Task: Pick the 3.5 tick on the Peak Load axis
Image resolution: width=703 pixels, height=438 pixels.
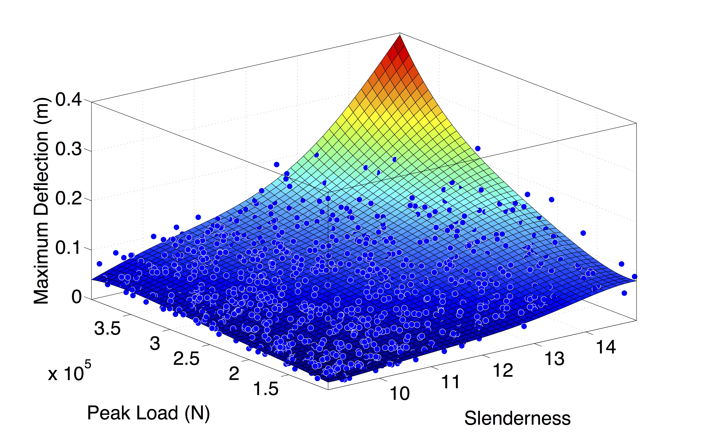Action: pos(107,329)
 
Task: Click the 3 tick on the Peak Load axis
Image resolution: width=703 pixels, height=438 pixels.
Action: pos(155,344)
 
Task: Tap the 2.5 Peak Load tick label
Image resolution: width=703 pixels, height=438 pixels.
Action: pos(186,359)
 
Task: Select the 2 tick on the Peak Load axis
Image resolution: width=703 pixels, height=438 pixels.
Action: pos(234,374)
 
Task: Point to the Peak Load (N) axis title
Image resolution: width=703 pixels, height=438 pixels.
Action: pos(148,413)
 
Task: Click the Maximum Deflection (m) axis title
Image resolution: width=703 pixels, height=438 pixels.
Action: pos(41,201)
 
